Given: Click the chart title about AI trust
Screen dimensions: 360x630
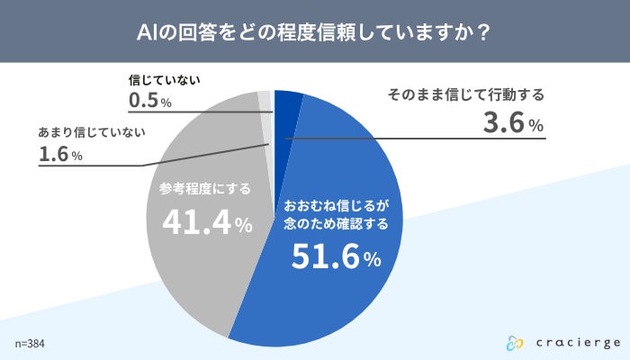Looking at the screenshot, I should [x=314, y=31].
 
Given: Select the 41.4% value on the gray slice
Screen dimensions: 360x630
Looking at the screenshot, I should [x=206, y=222].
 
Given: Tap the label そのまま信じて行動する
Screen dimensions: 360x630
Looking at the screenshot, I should [x=466, y=94].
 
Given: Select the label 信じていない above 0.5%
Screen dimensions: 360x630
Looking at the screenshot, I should [x=164, y=78].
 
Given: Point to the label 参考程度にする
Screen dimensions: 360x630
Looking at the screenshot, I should [x=204, y=189].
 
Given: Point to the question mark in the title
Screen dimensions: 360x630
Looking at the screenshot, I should [x=483, y=31].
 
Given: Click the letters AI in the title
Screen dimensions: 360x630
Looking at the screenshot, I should [x=147, y=31].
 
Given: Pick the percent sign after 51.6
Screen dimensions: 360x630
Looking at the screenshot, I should [x=373, y=262].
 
